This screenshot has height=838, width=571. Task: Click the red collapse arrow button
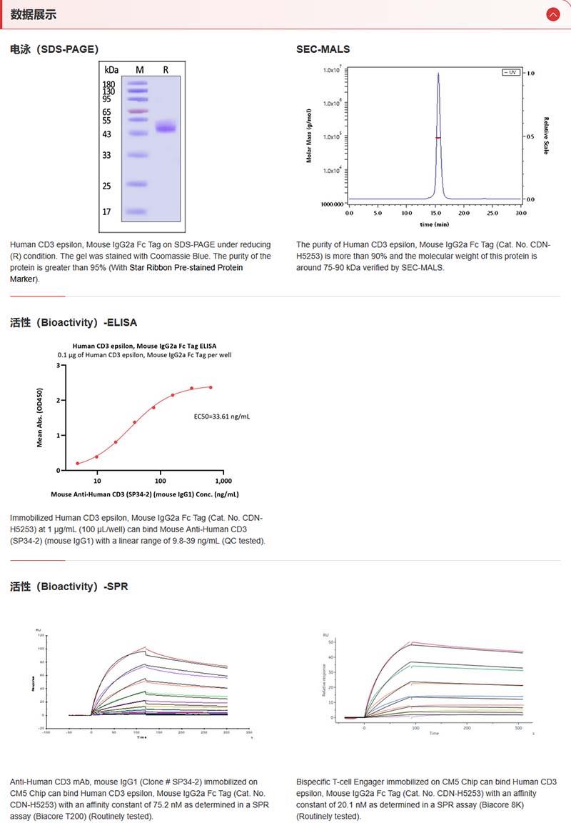(x=552, y=14)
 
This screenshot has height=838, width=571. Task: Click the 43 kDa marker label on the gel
(x=107, y=134)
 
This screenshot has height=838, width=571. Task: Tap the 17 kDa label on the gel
(x=107, y=212)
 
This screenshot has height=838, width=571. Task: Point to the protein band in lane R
(x=166, y=128)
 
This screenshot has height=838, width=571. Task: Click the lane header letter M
(x=140, y=69)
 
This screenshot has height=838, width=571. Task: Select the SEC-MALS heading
(x=323, y=49)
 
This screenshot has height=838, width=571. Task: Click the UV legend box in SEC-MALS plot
(x=513, y=73)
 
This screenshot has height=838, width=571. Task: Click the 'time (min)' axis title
(x=435, y=224)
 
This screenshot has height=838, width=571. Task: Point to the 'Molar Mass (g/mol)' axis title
(x=309, y=136)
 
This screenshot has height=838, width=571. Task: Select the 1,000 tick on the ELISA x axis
(x=223, y=481)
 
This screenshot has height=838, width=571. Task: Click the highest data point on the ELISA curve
(x=211, y=387)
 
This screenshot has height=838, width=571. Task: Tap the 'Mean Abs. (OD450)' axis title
(x=41, y=418)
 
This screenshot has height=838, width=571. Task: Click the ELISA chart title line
(x=144, y=346)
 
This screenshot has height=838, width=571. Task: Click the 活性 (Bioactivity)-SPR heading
(x=69, y=587)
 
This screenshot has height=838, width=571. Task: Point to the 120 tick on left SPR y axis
(x=41, y=635)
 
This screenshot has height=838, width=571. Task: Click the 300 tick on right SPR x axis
(x=518, y=728)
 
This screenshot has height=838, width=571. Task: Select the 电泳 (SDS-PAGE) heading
(x=54, y=49)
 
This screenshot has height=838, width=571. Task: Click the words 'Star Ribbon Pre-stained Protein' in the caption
(x=186, y=267)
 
